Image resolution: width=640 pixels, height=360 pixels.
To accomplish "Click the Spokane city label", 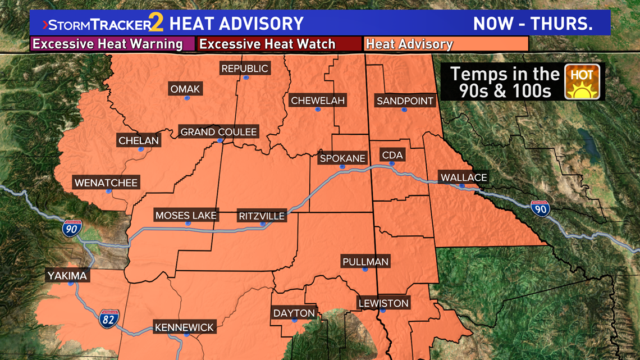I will pyautogui.click(x=342, y=158).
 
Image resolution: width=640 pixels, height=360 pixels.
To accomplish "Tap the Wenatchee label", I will pyautogui.click(x=106, y=183).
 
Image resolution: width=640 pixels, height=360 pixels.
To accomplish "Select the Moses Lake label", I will pyautogui.click(x=186, y=215).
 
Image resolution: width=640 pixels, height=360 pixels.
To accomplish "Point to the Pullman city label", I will pyautogui.click(x=365, y=262).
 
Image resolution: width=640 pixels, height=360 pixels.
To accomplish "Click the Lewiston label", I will pyautogui.click(x=383, y=303).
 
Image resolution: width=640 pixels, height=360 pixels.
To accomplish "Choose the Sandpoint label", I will pyautogui.click(x=405, y=101).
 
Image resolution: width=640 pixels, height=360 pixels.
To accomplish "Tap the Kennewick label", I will pyautogui.click(x=184, y=327).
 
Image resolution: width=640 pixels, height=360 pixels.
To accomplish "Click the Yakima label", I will pyautogui.click(x=67, y=276).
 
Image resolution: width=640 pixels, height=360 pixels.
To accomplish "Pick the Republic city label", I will pyautogui.click(x=245, y=69).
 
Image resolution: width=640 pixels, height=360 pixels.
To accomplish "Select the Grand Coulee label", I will pyautogui.click(x=218, y=132).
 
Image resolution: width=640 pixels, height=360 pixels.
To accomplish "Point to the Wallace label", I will pyautogui.click(x=464, y=177).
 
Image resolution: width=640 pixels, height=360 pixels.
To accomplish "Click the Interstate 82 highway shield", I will pyautogui.click(x=109, y=318).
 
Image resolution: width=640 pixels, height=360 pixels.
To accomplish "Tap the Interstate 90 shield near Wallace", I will pyautogui.click(x=541, y=208).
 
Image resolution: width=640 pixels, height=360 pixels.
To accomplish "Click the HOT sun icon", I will pyautogui.click(x=582, y=82).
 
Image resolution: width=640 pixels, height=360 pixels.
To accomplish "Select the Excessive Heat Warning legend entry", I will pyautogui.click(x=108, y=44).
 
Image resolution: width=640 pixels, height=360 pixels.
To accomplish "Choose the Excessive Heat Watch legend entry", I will pyautogui.click(x=268, y=44).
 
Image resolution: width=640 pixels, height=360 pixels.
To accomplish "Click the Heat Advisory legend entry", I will pyautogui.click(x=410, y=44).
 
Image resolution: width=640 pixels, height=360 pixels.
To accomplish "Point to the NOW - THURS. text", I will pyautogui.click(x=533, y=24).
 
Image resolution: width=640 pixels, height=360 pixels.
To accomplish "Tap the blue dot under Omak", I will pyautogui.click(x=187, y=98).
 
